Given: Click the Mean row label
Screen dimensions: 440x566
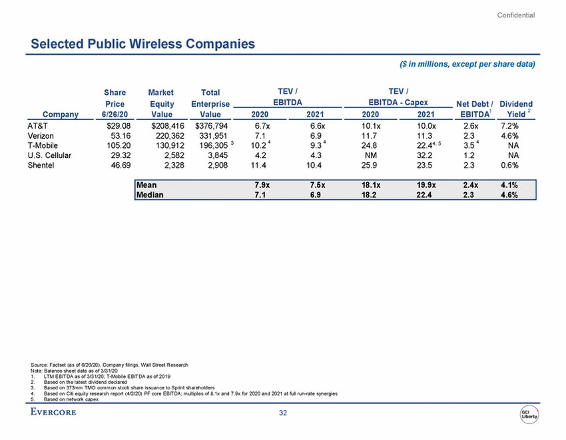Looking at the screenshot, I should (147, 185).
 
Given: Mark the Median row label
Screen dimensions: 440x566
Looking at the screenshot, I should (150, 195).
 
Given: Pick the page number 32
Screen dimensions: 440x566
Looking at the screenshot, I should (283, 414).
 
